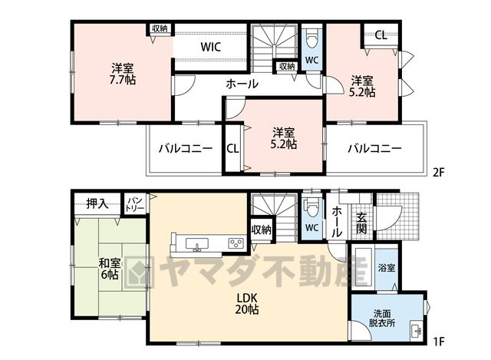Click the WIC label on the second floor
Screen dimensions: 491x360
pyautogui.click(x=211, y=47)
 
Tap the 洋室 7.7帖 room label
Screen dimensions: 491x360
pyautogui.click(x=123, y=74)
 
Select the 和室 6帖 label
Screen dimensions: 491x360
pyautogui.click(x=110, y=269)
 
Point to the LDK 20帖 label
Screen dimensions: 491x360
pyautogui.click(x=247, y=303)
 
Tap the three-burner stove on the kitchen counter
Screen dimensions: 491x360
pyautogui.click(x=236, y=243)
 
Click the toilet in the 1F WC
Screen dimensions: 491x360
pyautogui.click(x=312, y=207)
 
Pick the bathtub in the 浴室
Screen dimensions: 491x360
pyautogui.click(x=363, y=267)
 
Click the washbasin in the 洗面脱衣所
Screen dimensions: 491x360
pyautogui.click(x=417, y=330)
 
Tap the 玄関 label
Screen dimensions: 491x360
pyautogui.click(x=361, y=223)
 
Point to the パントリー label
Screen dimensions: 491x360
pyautogui.click(x=135, y=203)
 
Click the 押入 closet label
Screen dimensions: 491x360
pyautogui.click(x=97, y=204)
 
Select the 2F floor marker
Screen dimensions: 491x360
pyautogui.click(x=439, y=172)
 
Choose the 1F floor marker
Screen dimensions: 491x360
pyautogui.click(x=439, y=342)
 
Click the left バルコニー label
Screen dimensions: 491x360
pyautogui.click(x=186, y=148)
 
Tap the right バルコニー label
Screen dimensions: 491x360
pyautogui.click(x=374, y=148)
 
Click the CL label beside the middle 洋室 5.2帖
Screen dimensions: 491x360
pyautogui.click(x=232, y=148)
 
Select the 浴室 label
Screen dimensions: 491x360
pyautogui.click(x=387, y=268)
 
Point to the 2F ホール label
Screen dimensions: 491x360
pyautogui.click(x=242, y=84)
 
